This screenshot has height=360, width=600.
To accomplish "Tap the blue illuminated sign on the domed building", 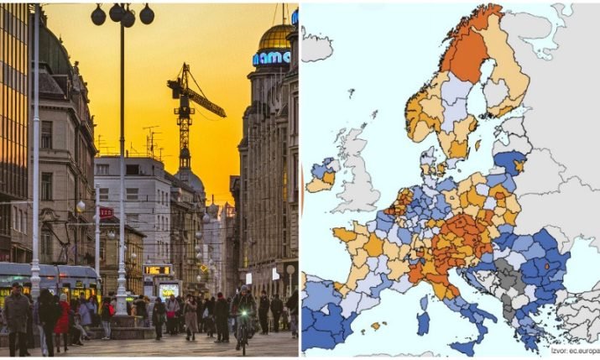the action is tap(273, 58).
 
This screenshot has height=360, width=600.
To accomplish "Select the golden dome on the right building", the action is tap(275, 36).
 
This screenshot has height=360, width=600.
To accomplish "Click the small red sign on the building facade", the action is tap(107, 212).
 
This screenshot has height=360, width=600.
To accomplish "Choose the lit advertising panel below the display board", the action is tap(169, 290).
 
